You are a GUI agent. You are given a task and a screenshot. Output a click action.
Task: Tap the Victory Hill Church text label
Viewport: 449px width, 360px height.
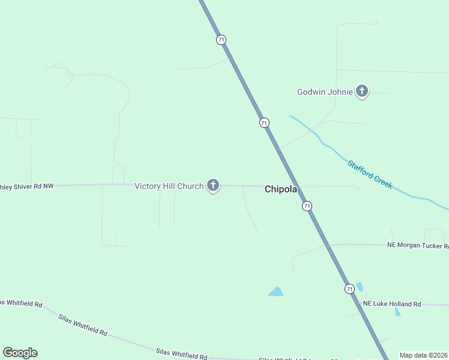[x=169, y=186]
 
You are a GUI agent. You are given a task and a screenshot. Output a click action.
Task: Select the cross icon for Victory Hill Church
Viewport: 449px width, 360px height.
[x=212, y=185]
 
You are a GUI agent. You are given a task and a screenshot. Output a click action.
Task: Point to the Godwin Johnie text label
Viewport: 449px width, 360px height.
[x=324, y=92]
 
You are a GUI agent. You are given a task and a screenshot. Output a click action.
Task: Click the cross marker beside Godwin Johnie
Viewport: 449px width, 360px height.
[x=361, y=91]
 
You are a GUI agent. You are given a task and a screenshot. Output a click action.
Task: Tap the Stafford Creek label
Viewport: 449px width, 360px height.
[x=370, y=174]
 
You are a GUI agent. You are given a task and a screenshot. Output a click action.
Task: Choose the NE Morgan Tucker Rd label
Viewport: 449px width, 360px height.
[x=417, y=245]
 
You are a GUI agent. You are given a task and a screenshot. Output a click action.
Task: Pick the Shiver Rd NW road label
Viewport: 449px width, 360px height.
[x=27, y=186]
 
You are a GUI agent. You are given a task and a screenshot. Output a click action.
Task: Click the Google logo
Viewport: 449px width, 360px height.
[x=20, y=353]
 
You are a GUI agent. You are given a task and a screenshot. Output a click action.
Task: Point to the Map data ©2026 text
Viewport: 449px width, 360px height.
[x=423, y=355]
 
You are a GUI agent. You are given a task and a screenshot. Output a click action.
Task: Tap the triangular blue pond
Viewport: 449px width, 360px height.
[x=276, y=292]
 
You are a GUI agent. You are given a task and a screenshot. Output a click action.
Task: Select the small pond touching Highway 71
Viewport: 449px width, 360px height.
[x=360, y=287]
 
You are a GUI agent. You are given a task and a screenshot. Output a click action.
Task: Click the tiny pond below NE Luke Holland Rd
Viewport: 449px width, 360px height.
[x=398, y=312]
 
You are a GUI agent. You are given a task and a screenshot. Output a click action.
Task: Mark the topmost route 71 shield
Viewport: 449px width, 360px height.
[x=221, y=40]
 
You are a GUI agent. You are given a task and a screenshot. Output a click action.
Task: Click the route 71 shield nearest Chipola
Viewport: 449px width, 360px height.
[x=307, y=206]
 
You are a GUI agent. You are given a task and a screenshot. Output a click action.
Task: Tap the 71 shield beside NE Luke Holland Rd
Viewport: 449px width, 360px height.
[x=349, y=289]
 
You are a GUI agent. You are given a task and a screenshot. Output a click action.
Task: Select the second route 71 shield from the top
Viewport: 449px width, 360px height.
[x=264, y=122]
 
